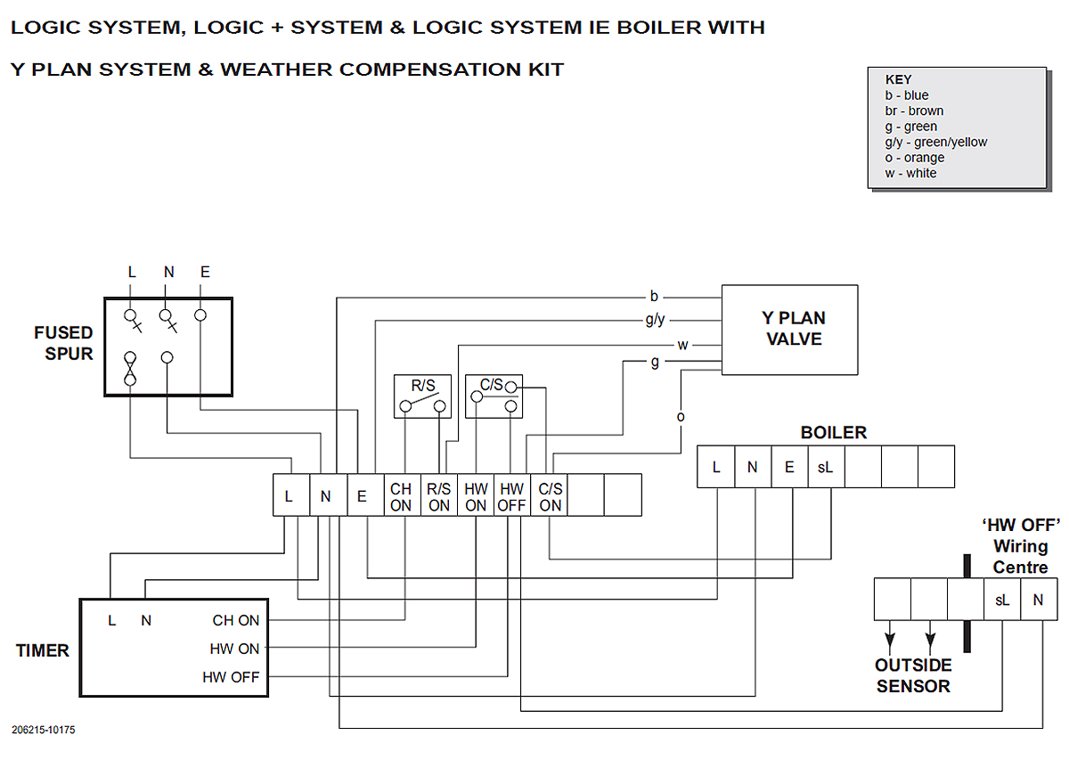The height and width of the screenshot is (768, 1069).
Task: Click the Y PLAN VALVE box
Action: tap(789, 330)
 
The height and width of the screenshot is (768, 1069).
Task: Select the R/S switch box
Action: tap(422, 396)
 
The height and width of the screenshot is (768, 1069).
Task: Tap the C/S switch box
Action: tap(494, 396)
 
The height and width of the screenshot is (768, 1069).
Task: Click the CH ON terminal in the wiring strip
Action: tap(401, 496)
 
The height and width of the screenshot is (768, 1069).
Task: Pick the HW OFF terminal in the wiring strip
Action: tap(511, 496)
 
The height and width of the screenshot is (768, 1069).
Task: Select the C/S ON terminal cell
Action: tap(550, 496)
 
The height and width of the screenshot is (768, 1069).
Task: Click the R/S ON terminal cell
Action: tap(439, 496)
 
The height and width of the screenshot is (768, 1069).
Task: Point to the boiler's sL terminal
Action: tap(826, 467)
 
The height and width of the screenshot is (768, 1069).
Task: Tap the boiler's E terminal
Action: tap(789, 467)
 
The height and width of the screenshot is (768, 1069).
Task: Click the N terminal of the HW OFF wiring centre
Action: tap(1038, 600)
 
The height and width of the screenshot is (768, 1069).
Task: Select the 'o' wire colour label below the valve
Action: tap(681, 417)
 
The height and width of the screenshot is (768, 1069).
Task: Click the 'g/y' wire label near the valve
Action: tap(655, 320)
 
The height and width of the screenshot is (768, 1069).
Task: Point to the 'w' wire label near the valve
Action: tap(682, 345)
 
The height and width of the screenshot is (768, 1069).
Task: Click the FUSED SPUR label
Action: tap(63, 343)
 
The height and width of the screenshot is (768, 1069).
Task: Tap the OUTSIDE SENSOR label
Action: tap(913, 676)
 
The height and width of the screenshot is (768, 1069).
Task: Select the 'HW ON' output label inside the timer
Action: tap(234, 649)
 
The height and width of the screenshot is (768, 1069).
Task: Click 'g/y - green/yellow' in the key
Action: tap(936, 142)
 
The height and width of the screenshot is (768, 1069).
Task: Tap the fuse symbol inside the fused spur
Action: tap(131, 367)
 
